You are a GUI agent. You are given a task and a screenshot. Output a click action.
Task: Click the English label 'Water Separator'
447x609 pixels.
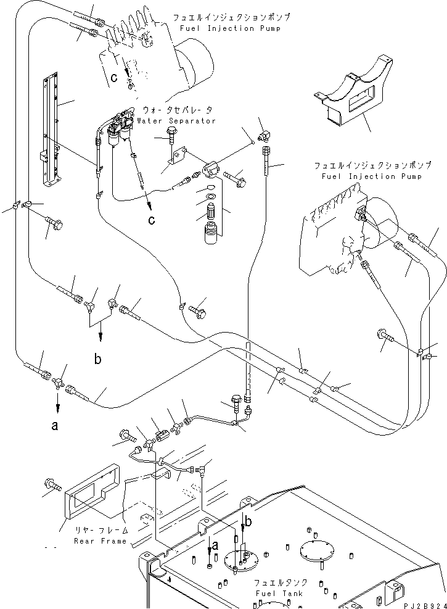[x=177, y=121]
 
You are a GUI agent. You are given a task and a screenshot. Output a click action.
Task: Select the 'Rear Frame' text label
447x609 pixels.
[x=100, y=541]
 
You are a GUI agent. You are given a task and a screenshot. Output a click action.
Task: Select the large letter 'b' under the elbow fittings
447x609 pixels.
[x=98, y=359]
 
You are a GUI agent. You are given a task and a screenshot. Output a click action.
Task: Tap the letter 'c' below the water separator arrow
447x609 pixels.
[x=151, y=220]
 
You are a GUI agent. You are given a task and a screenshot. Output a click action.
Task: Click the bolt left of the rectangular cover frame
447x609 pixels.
[x=52, y=486]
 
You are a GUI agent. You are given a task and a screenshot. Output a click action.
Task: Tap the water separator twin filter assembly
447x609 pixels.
[x=120, y=130]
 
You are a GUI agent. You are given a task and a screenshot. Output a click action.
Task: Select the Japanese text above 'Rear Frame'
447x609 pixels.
[x=102, y=530]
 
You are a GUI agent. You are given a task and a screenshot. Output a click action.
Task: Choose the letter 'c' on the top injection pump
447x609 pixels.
[x=114, y=78]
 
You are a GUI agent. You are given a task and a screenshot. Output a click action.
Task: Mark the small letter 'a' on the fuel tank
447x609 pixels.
[x=216, y=545]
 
